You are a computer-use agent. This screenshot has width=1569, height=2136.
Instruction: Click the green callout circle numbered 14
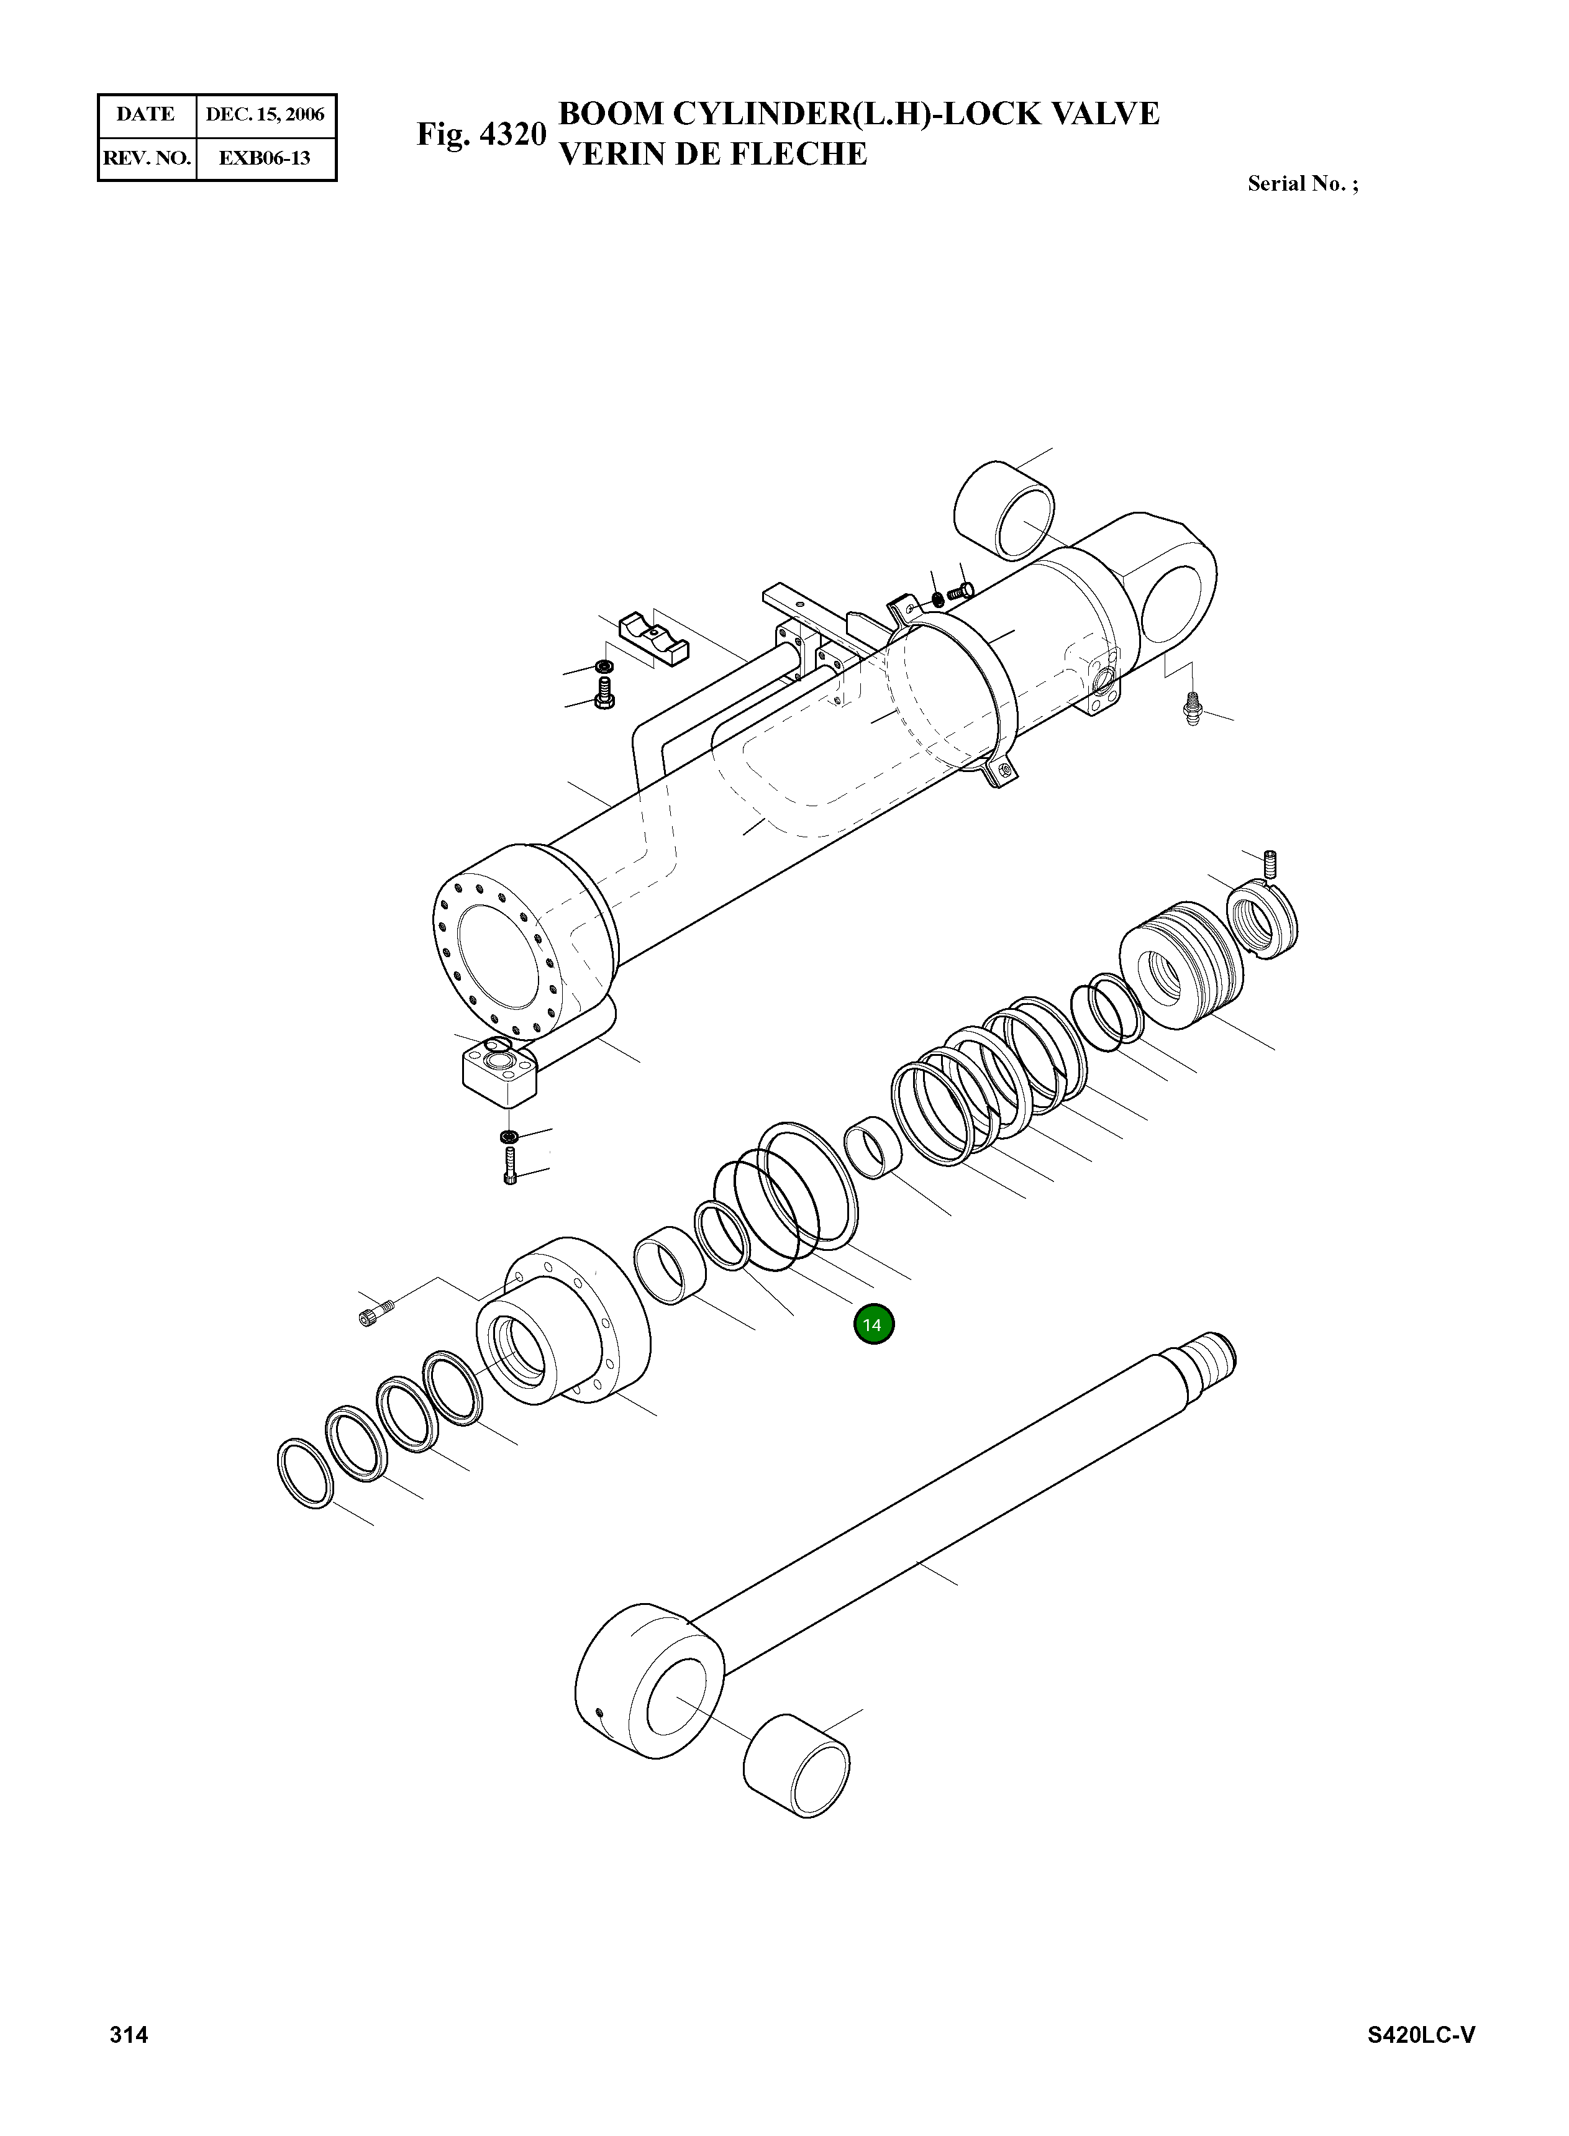[x=873, y=1325]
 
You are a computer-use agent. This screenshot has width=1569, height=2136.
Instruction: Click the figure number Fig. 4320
[x=481, y=134]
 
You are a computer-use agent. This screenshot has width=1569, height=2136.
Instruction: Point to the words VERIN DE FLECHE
[x=712, y=154]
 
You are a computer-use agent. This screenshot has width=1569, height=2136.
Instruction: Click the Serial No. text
[x=1302, y=184]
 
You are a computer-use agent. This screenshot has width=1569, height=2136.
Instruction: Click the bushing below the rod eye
[x=796, y=1766]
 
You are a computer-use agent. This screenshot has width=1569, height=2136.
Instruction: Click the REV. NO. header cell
[x=146, y=158]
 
